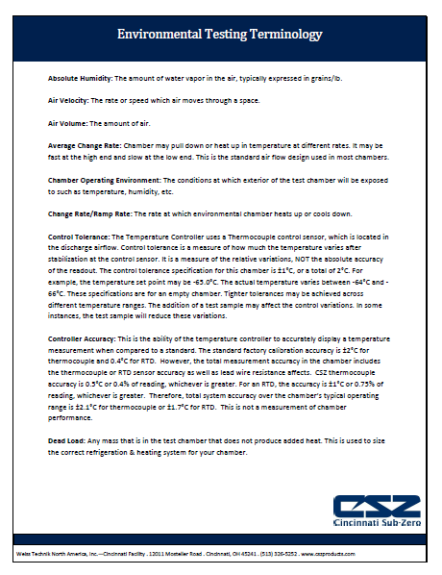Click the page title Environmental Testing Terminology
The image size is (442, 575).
click(219, 36)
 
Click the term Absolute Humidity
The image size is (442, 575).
click(79, 76)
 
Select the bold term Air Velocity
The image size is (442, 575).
click(67, 100)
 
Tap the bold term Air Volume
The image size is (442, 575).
click(66, 124)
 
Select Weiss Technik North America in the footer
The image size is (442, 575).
click(43, 557)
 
